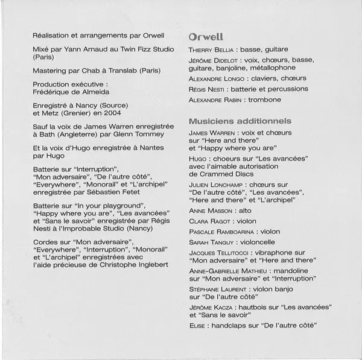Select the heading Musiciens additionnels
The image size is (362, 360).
[x=240, y=121]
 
